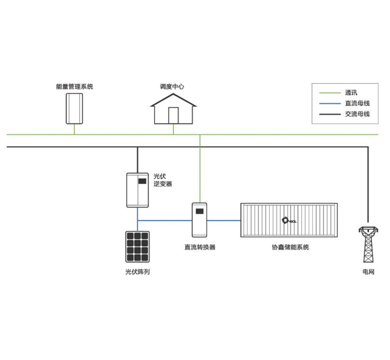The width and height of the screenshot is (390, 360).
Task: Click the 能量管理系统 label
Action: click(74, 86)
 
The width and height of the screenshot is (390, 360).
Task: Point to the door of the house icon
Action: click(173, 116)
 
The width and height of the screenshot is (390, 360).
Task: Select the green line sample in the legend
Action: click(328, 93)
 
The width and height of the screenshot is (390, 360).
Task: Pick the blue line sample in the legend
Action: click(328, 104)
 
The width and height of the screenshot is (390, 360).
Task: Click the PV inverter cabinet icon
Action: click(138, 190)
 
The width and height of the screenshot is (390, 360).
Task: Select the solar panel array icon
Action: click(138, 246)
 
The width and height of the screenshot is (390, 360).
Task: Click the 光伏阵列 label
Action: click(138, 272)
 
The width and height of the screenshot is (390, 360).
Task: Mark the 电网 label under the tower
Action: click(369, 272)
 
